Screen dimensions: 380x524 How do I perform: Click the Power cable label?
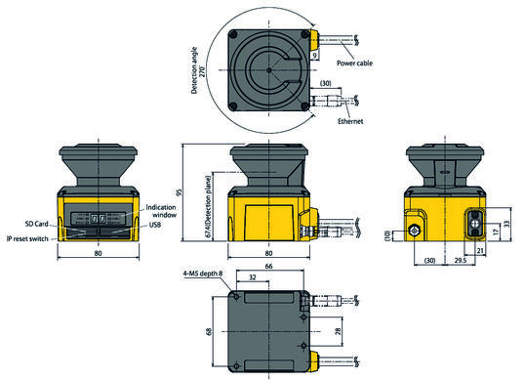pyautogui.click(x=360, y=63)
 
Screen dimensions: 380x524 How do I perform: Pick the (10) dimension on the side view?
pyautogui.click(x=386, y=234)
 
